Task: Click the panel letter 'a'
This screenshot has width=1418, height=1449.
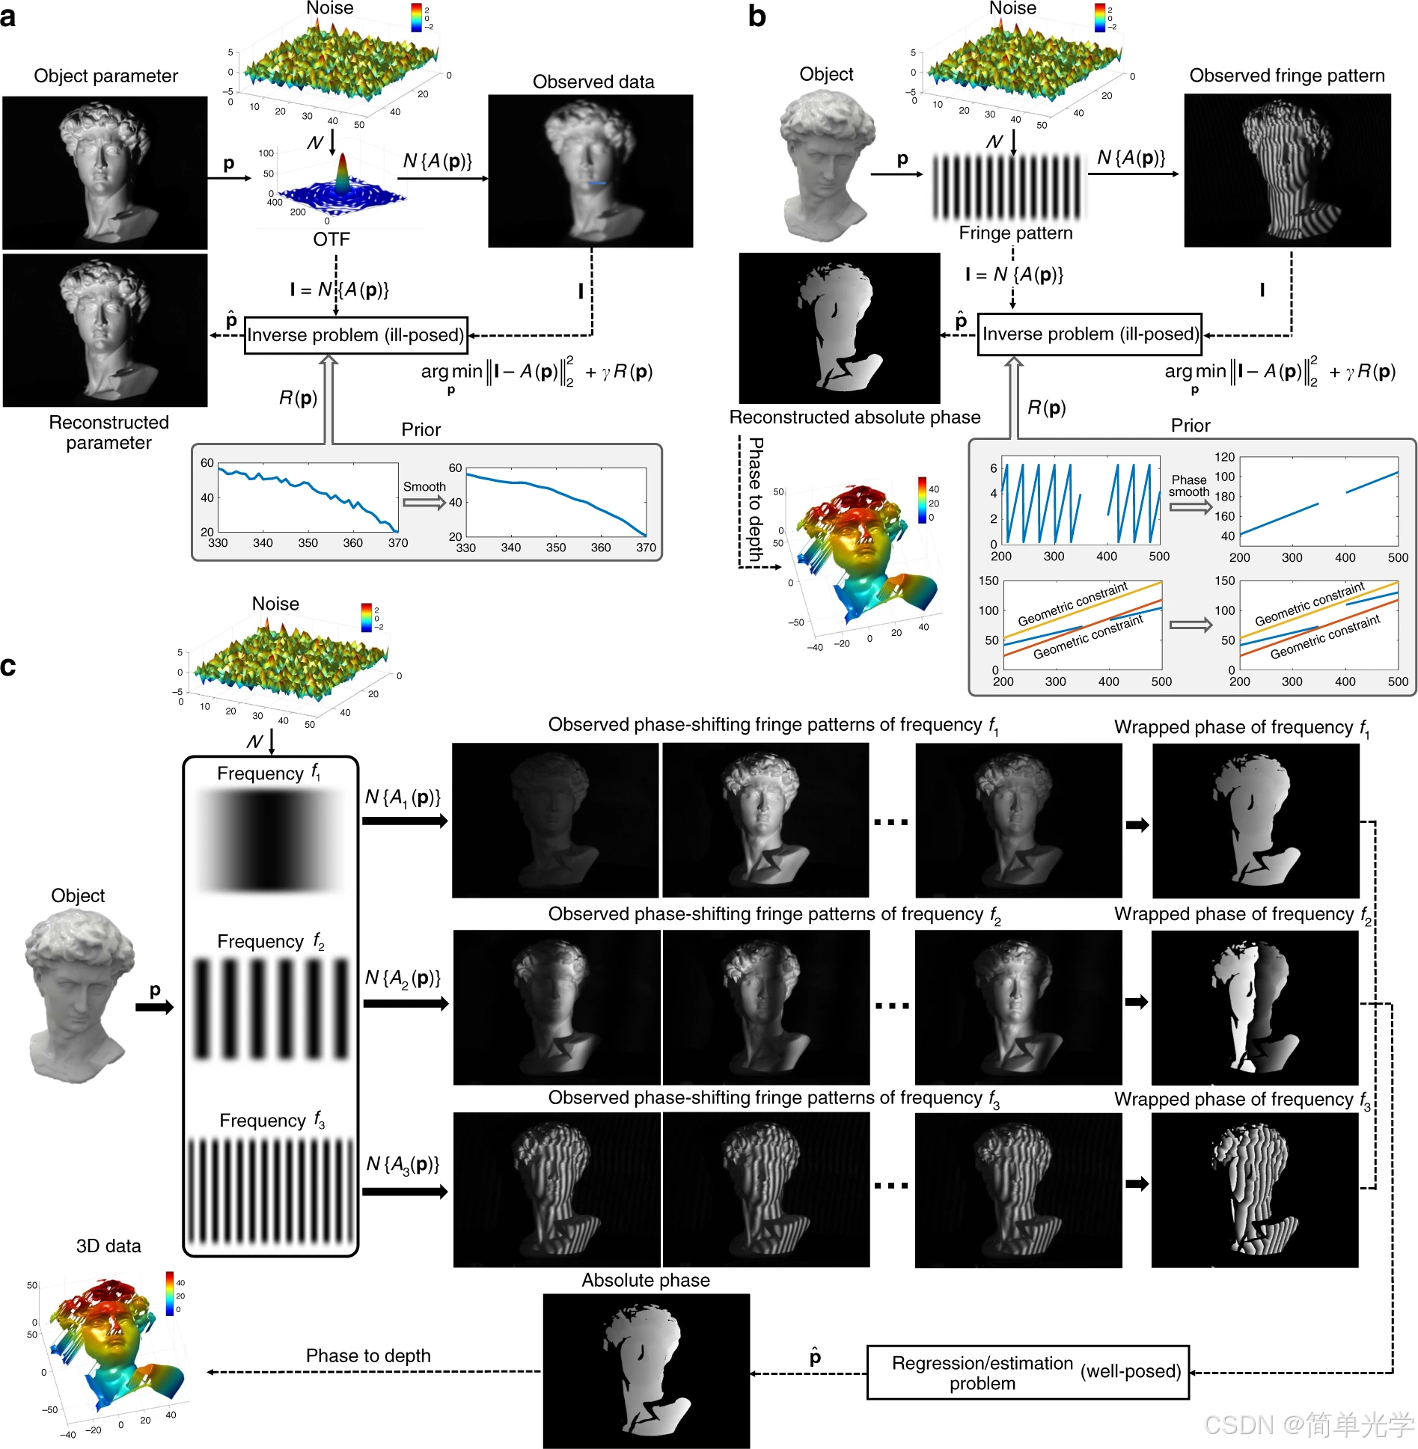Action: point(9,16)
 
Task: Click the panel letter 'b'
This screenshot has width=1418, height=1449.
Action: point(757,16)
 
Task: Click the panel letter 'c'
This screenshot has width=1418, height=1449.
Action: point(8,665)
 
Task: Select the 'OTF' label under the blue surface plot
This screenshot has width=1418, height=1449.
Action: point(331,239)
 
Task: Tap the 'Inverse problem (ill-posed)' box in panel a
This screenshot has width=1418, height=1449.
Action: point(356,335)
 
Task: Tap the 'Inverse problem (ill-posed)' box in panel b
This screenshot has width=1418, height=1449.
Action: point(1090,334)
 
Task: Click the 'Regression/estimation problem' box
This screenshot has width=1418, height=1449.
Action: point(1027,1373)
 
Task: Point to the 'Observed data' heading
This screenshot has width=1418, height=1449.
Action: point(593,82)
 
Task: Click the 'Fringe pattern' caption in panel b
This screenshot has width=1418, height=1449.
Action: point(1015,233)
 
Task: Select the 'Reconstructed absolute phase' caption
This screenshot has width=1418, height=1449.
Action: point(855,417)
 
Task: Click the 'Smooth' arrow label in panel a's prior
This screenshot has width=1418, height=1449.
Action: point(424,487)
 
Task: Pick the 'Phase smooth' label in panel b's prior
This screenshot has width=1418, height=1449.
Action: point(1189,485)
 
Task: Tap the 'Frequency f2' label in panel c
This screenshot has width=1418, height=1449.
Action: point(270,942)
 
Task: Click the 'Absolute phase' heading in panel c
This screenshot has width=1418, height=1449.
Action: point(646,1281)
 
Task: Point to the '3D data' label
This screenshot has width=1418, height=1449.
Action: point(109,1246)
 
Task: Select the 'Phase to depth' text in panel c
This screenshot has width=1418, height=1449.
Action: point(368,1356)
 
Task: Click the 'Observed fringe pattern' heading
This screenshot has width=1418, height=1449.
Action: point(1287,76)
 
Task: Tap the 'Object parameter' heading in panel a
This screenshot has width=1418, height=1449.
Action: point(106,76)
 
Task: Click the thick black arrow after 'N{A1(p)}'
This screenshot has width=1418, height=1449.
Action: point(405,821)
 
